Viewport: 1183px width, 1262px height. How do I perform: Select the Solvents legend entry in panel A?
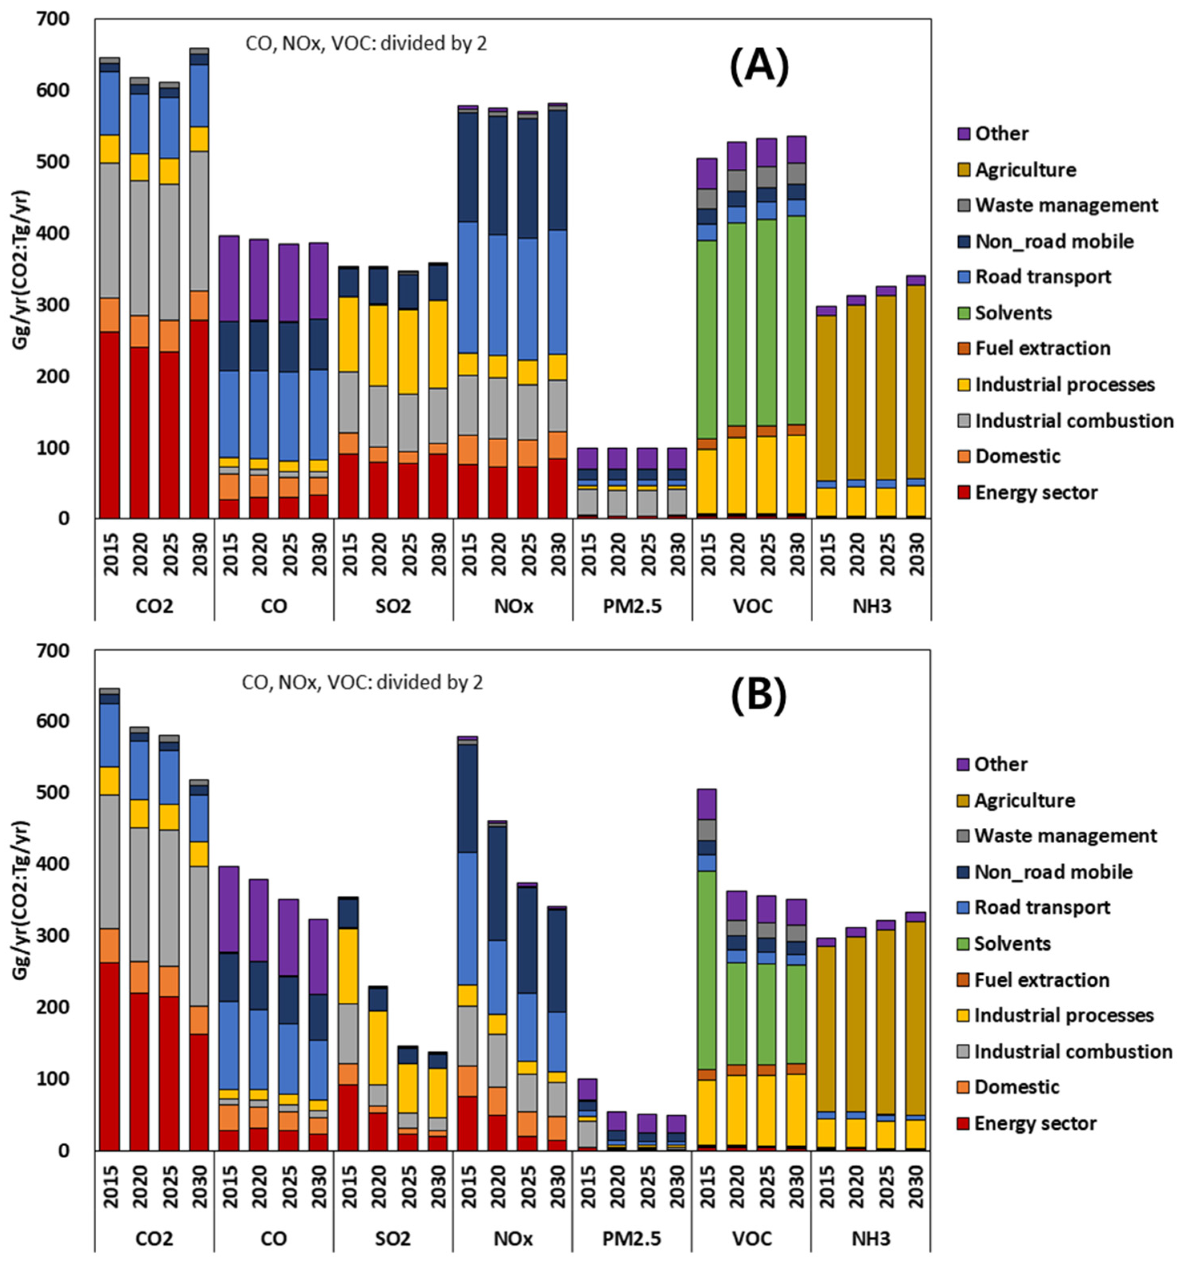pos(1013,312)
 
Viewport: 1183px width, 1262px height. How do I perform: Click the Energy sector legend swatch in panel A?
pos(964,493)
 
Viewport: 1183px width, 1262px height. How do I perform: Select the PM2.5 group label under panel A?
pos(631,606)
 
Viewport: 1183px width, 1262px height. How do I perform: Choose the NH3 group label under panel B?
pos(871,1238)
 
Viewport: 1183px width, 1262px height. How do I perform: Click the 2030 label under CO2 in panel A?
pos(199,554)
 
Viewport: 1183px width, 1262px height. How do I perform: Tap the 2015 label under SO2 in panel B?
pos(349,1186)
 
